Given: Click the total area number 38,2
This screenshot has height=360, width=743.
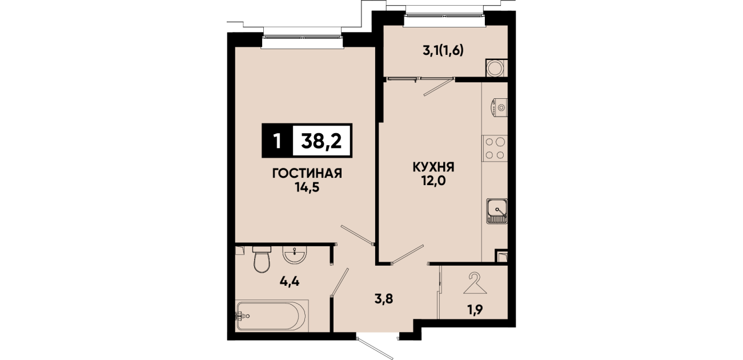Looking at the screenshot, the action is (321, 141).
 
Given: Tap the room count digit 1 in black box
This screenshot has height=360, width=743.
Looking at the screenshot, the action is (278, 141).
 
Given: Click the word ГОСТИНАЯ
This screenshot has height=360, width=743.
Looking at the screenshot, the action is (307, 173).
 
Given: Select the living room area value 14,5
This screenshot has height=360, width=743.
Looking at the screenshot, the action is (307, 188).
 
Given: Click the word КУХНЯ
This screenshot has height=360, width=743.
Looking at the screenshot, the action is (433, 167).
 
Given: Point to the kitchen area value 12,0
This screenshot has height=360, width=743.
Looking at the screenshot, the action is (433, 182).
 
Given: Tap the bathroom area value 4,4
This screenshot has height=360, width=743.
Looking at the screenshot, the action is (290, 282).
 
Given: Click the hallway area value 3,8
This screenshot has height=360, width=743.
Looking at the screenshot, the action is (384, 299).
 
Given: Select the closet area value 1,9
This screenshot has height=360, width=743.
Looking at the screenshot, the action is (475, 310).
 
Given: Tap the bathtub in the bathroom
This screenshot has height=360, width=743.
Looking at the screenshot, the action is (272, 315).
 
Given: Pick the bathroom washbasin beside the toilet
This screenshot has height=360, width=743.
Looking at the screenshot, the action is (295, 255).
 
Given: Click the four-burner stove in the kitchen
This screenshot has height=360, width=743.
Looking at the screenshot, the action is (495, 149).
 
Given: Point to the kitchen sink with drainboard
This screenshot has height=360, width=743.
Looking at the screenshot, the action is (497, 211).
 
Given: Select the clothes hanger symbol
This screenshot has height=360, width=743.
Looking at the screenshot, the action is (475, 283).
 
